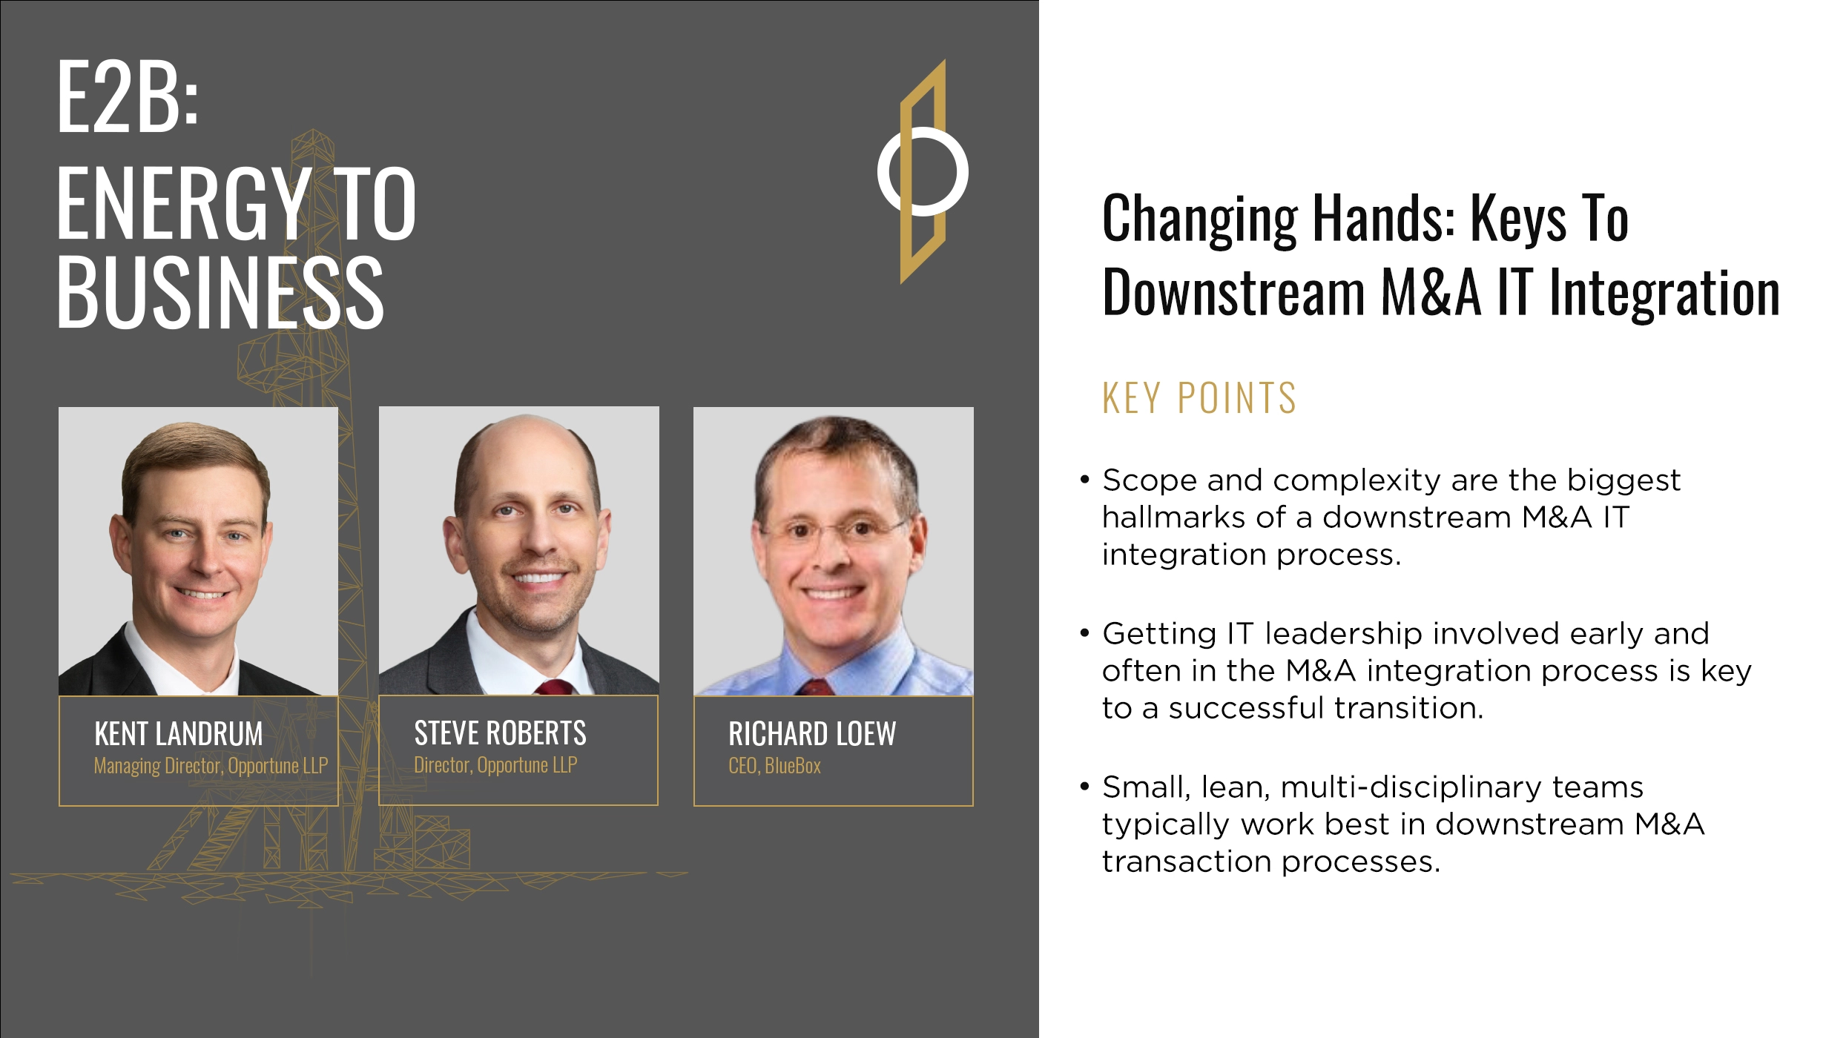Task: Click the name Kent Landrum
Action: [179, 734]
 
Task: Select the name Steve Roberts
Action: [500, 733]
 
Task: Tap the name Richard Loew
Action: [812, 734]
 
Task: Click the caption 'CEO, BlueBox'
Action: [774, 766]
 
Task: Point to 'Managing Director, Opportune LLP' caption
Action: [211, 766]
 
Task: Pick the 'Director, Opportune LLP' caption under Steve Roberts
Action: [495, 765]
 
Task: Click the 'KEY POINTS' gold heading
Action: [1199, 398]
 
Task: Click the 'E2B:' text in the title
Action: [128, 97]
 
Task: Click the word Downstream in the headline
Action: [1233, 293]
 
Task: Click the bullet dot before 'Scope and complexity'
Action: [1085, 480]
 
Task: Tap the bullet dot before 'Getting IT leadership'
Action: [1085, 633]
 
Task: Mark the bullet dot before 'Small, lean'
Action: [1085, 786]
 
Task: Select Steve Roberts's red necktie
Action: [554, 687]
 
